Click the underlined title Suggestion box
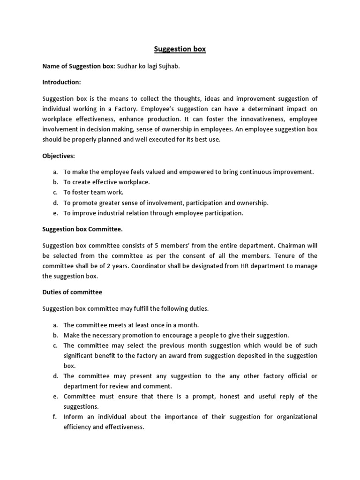click(180, 49)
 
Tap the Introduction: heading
click(61, 82)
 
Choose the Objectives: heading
click(59, 155)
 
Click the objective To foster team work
click(93, 193)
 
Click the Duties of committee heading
click(72, 292)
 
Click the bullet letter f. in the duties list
click(55, 417)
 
